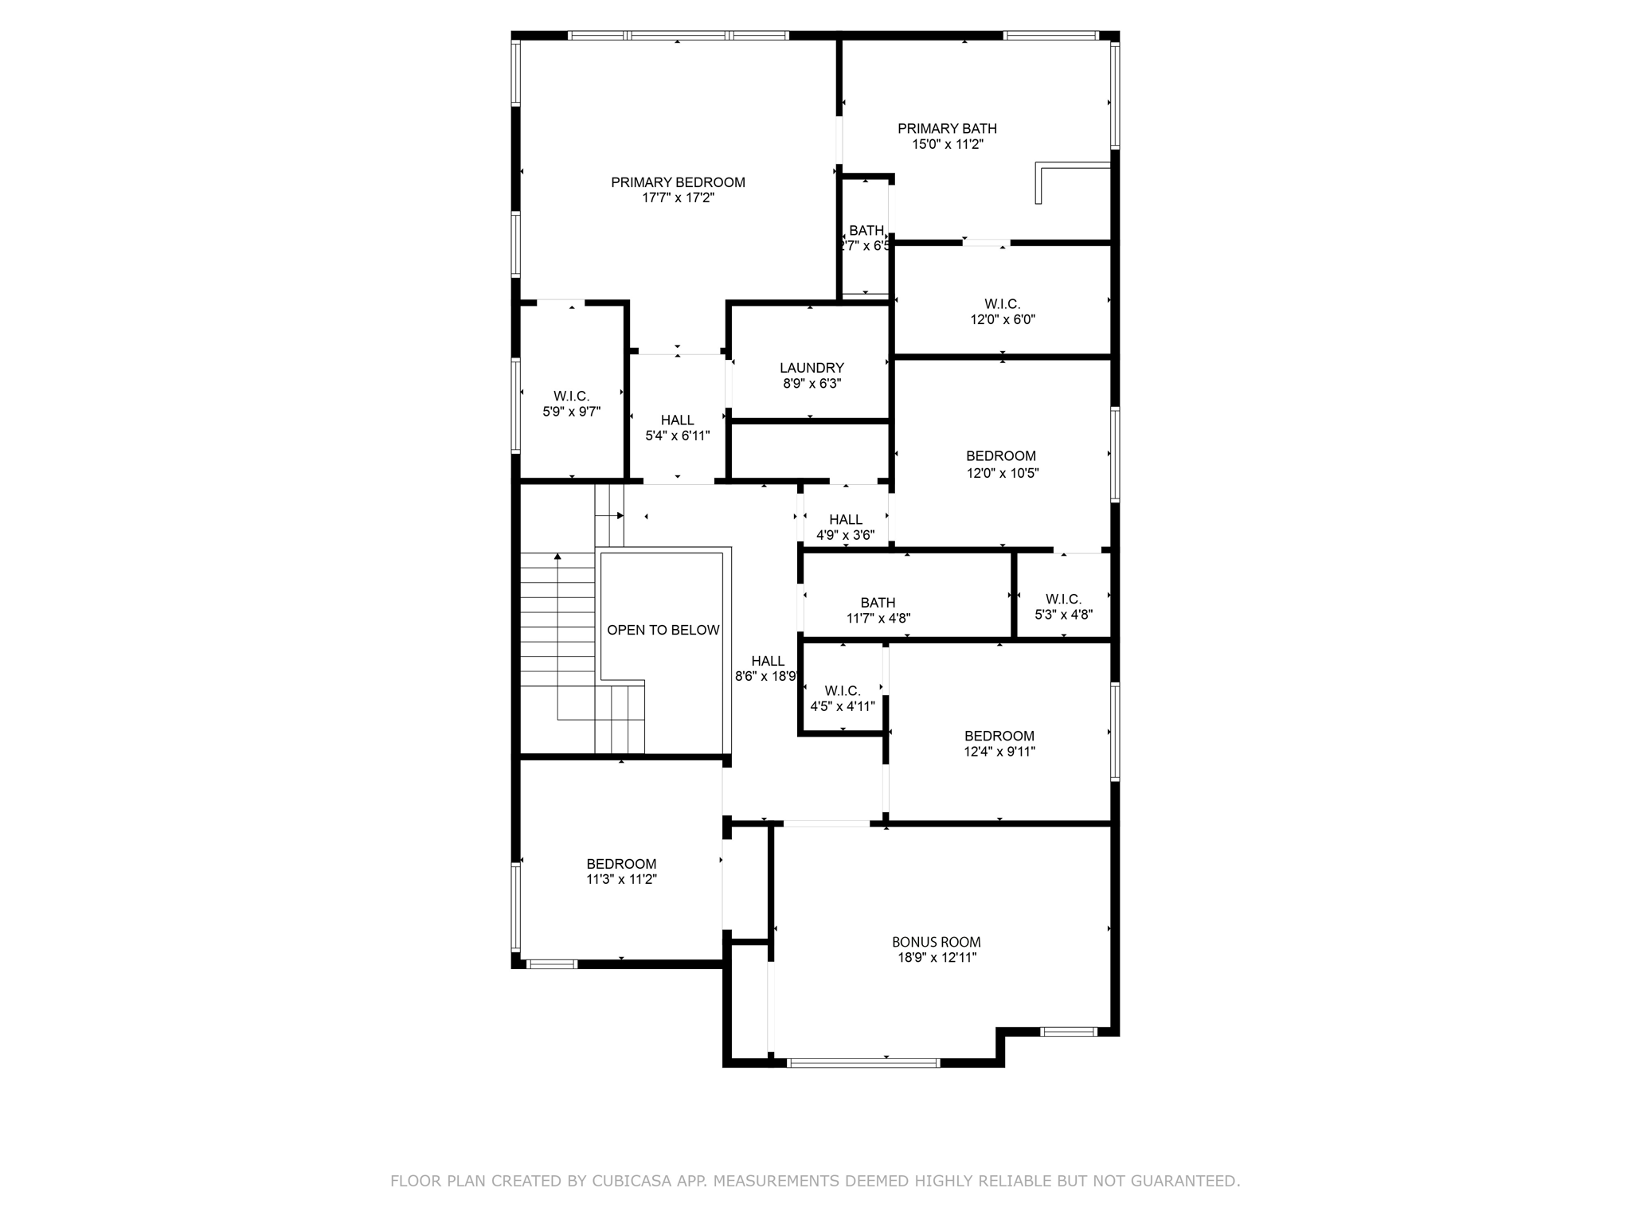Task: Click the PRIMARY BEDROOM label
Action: [x=678, y=182]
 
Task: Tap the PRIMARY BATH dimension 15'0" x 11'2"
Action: [x=947, y=144]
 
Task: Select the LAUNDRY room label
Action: [x=811, y=368]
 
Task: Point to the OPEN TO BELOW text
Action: [x=663, y=630]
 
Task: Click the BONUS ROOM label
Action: [x=936, y=942]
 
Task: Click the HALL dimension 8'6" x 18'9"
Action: [x=766, y=677]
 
